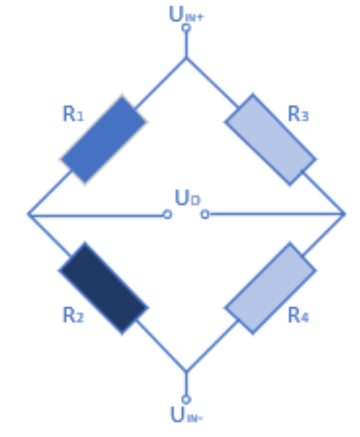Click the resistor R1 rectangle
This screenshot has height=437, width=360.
point(103,140)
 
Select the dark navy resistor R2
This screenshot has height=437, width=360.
point(103,288)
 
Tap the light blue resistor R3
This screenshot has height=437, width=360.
point(271,140)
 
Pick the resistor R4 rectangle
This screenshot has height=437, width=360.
point(271,288)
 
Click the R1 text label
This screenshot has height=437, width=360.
point(73,114)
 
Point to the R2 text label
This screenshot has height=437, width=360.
point(73,315)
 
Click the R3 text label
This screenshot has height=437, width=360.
point(298,114)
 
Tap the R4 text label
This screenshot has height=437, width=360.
point(298,315)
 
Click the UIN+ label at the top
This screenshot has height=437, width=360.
point(187,14)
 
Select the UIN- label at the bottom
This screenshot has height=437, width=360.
point(187,414)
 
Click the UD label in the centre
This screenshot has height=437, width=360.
point(187,198)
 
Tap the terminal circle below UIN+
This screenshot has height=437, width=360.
point(187,28)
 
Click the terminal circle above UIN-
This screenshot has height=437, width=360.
point(187,399)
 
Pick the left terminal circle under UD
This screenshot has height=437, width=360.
point(167,214)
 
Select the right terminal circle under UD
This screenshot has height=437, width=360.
point(205,214)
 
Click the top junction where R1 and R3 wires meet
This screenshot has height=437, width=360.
point(187,58)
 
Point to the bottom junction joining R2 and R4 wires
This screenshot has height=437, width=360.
point(187,371)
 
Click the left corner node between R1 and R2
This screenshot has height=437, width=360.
point(28,214)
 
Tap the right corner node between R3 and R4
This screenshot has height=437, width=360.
point(344,214)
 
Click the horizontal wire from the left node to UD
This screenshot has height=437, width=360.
point(95,215)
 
